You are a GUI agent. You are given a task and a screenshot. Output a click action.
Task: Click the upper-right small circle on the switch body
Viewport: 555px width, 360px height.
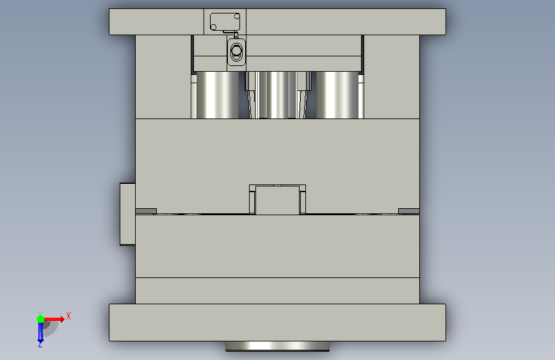click(237, 16)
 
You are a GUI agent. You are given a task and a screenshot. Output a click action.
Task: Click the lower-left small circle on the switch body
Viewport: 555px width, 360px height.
click(213, 28)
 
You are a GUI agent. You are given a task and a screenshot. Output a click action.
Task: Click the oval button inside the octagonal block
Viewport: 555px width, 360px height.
click(236, 51)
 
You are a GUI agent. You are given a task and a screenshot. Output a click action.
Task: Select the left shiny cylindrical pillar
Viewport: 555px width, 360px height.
click(218, 95)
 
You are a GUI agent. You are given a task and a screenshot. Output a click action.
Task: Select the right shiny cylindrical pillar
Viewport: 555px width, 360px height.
click(337, 95)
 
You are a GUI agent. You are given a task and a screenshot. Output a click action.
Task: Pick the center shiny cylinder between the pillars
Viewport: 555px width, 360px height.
click(277, 95)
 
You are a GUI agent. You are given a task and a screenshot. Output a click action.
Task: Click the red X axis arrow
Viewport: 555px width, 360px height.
click(53, 319)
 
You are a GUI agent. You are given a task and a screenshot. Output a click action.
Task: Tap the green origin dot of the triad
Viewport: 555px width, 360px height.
click(40, 319)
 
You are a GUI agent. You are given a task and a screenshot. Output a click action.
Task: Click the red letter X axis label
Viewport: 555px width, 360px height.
click(68, 316)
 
